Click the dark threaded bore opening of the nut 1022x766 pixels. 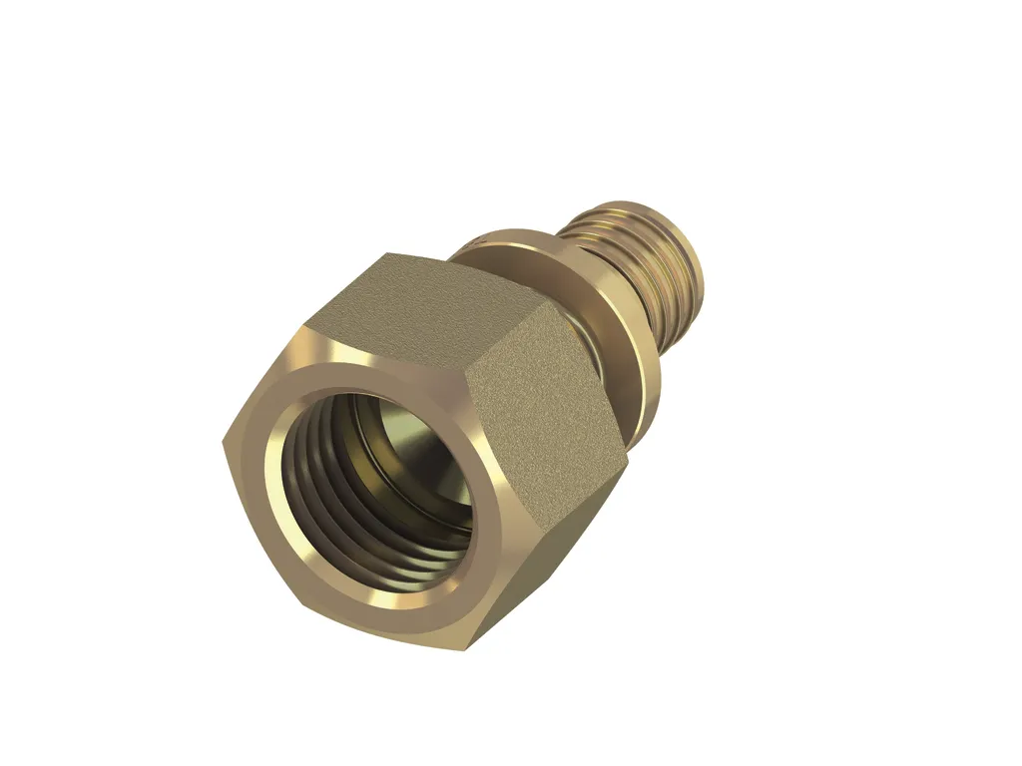(399, 489)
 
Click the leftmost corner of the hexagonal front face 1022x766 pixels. (223, 443)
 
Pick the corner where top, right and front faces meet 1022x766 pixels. (466, 374)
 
